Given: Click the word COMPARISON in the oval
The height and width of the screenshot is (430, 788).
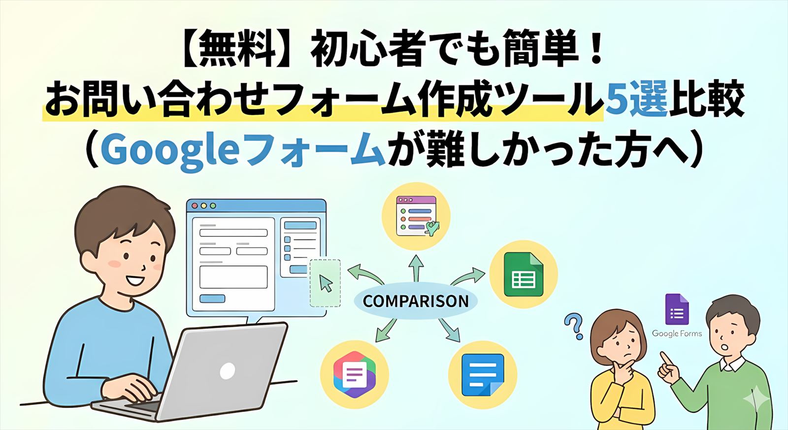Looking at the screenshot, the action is click(416, 301).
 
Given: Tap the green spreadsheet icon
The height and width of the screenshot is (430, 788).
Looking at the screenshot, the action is click(524, 274).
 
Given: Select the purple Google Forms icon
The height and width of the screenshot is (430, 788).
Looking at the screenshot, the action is click(677, 309).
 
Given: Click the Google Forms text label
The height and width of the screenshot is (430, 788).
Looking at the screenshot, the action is click(677, 333).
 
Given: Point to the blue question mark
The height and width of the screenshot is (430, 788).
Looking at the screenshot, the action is click(574, 326).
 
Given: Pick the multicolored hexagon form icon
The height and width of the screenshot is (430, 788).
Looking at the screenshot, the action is click(354, 374).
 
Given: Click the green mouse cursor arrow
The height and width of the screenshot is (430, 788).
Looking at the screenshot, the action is click(326, 283).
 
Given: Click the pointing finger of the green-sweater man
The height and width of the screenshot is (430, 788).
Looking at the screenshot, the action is click(665, 360).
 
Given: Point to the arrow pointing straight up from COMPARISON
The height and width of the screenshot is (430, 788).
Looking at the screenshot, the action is click(416, 268).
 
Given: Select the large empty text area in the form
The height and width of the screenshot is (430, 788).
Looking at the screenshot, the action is click(233, 277).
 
